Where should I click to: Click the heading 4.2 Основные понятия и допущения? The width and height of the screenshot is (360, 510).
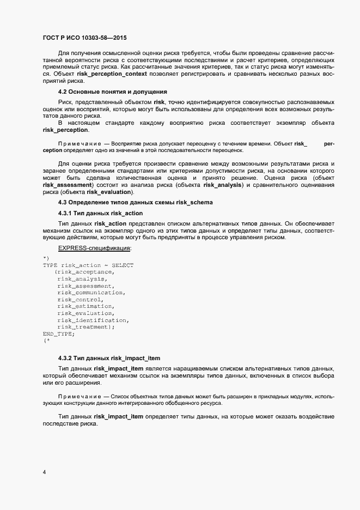coord(112,92)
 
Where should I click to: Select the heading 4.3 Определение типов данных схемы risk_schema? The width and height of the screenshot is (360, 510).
coord(135,202)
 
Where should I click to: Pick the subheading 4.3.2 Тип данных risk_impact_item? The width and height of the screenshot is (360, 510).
coord(108,358)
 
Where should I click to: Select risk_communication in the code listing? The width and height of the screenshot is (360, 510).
coord(91,293)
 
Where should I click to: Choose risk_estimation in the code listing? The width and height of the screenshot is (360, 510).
coord(84,306)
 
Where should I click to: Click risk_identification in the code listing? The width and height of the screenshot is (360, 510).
coord(92,320)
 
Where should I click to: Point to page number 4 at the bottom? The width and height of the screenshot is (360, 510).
coord(44,472)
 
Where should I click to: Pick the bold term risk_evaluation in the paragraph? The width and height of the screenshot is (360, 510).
coord(112,192)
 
